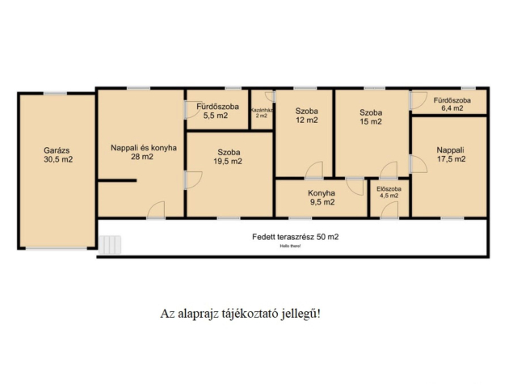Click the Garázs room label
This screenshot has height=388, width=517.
click(57, 150)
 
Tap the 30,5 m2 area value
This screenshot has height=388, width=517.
click(58, 160)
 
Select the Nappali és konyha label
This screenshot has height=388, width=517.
click(144, 148)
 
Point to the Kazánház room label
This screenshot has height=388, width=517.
click(262, 110)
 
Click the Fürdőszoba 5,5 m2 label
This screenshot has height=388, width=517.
click(217, 111)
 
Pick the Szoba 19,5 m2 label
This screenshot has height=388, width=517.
click(228, 157)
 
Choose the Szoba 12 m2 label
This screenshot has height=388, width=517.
click(307, 116)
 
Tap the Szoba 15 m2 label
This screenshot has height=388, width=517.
click(371, 116)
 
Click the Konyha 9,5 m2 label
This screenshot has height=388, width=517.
click(322, 197)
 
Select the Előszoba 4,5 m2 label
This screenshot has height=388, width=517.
click(389, 192)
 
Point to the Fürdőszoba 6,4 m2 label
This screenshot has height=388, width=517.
click(452, 104)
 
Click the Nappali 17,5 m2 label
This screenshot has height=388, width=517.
click(451, 154)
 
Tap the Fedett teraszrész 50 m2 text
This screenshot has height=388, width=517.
click(295, 237)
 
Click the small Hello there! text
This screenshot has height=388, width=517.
click(290, 246)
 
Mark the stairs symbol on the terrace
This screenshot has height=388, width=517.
click(110, 244)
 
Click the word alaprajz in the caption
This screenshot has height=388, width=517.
click(198, 314)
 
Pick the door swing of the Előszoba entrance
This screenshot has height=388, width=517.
click(389, 209)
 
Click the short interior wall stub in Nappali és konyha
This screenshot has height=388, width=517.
click(117, 180)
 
